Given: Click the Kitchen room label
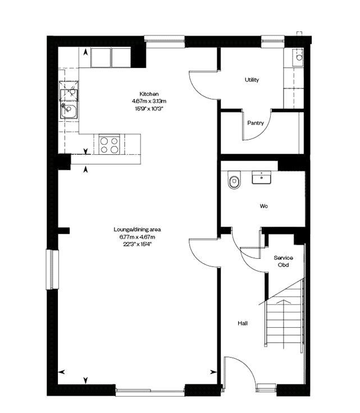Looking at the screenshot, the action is (149, 94).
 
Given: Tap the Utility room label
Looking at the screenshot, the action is (252, 80).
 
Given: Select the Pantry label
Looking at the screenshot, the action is (256, 123).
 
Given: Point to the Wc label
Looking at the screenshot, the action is (263, 206).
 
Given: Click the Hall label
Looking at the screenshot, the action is (243, 323).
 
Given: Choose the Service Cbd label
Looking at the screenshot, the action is (283, 261).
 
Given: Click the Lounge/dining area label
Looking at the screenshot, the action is (137, 230).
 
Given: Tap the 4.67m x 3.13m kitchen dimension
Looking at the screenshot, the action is (149, 101).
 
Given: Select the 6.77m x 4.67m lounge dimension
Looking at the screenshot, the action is (137, 237).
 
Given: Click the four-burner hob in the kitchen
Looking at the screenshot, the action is (110, 145).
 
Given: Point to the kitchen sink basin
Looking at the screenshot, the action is (69, 111).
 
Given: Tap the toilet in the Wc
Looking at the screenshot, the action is (234, 180).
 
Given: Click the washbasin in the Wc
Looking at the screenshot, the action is (261, 177).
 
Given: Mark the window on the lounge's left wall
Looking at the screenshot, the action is (52, 269).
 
